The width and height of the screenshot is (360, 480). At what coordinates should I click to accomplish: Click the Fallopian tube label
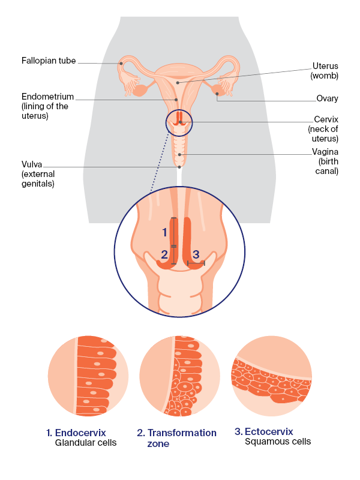pyautogui.click(x=49, y=61)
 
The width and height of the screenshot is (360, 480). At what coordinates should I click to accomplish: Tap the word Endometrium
pyautogui.click(x=47, y=96)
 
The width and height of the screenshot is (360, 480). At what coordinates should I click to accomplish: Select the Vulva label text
pyautogui.click(x=32, y=164)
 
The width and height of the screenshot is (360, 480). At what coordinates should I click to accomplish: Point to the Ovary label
pyautogui.click(x=327, y=98)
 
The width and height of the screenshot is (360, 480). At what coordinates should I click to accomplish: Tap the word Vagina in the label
pyautogui.click(x=325, y=152)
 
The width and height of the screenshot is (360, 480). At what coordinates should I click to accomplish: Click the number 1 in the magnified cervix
pyautogui.click(x=164, y=232)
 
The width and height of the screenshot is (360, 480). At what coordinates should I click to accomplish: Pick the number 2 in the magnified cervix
pyautogui.click(x=164, y=256)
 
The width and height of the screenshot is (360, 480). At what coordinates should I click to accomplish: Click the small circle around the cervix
pyautogui.click(x=179, y=124)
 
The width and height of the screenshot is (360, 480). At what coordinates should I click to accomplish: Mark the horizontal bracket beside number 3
pyautogui.click(x=196, y=263)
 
